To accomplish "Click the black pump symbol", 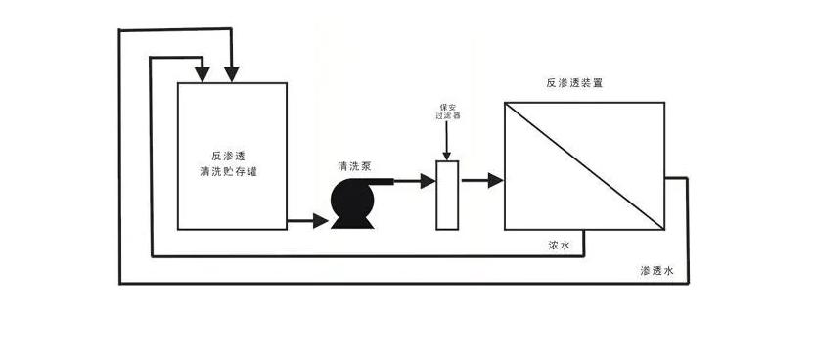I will coord(351,202).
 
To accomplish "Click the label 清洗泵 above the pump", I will coord(354,166).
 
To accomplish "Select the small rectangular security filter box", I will coord(446,195).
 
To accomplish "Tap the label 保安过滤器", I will coord(447,112).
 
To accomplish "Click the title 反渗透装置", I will coord(574,83).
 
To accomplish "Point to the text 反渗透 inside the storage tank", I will coord(231,156).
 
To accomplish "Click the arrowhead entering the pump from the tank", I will coord(322,221).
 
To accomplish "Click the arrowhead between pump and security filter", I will coord(427,181).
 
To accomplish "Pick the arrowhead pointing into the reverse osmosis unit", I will coord(495,181).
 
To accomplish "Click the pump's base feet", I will coord(351,224).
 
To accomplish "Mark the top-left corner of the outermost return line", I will coord(119,30).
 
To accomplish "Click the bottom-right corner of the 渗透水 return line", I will coord(689,283).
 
